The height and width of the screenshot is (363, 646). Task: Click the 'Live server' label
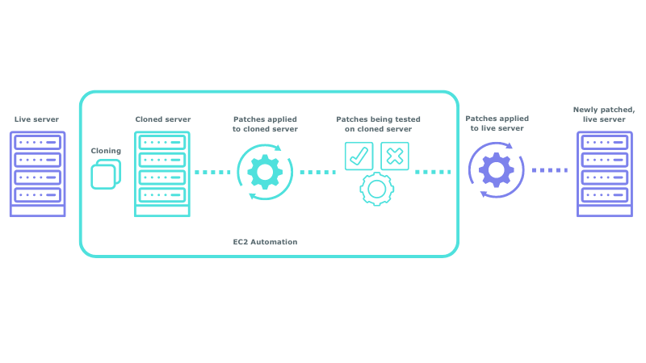36,119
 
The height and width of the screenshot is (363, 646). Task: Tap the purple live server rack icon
37,173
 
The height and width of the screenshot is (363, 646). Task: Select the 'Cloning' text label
106,150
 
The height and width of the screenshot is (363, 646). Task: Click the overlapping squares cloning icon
106,173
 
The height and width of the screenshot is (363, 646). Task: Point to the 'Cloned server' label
162,119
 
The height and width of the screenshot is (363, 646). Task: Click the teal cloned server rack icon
162,173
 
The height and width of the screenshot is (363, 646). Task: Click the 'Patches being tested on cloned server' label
378,124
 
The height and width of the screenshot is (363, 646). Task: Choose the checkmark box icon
359,156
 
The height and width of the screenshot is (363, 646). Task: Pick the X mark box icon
394,156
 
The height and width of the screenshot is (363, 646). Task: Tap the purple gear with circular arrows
496,170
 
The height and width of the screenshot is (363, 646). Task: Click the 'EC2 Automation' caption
265,242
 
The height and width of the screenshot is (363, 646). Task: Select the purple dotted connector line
550,170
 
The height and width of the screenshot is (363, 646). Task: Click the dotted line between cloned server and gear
212,172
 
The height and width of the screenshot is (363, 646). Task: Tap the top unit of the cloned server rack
162,142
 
